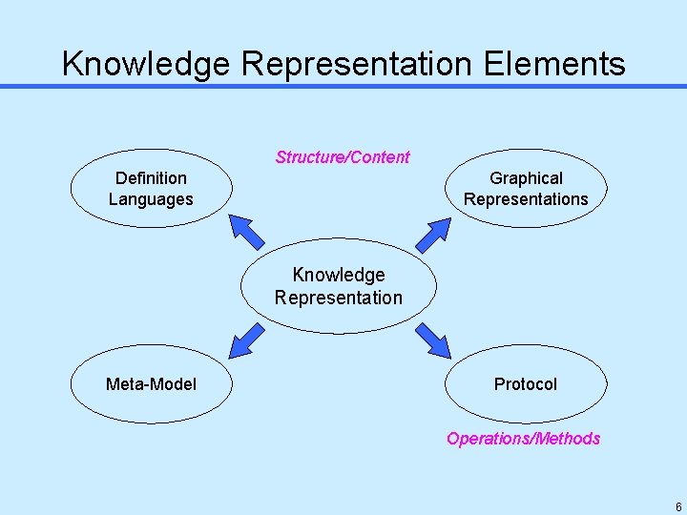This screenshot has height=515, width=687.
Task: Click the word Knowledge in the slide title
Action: click(x=146, y=64)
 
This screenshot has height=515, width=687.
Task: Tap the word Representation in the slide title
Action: click(x=357, y=64)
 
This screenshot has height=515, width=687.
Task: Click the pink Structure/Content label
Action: click(x=343, y=157)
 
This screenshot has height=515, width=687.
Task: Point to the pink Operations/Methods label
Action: click(x=523, y=439)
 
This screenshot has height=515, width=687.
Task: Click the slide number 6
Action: click(x=677, y=507)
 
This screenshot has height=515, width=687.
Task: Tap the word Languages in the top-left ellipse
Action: click(x=151, y=199)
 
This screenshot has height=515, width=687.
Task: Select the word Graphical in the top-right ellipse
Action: click(x=526, y=178)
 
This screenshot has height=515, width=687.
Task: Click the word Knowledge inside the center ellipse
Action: click(x=339, y=275)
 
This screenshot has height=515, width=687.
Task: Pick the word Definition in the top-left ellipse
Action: click(x=151, y=178)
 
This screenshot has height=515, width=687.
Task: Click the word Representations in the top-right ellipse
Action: click(x=526, y=199)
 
